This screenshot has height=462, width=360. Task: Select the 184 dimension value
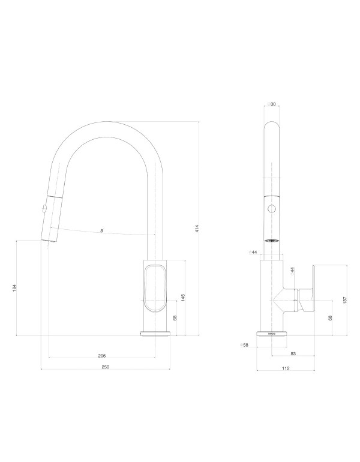click(x=14, y=288)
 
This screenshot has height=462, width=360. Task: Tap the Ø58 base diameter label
click(x=244, y=346)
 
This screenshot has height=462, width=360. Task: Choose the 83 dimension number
click(x=293, y=354)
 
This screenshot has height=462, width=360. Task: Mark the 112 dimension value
click(x=286, y=368)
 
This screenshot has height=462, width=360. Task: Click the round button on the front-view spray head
click(x=272, y=209)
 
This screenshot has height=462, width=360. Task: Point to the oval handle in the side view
click(x=154, y=288)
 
